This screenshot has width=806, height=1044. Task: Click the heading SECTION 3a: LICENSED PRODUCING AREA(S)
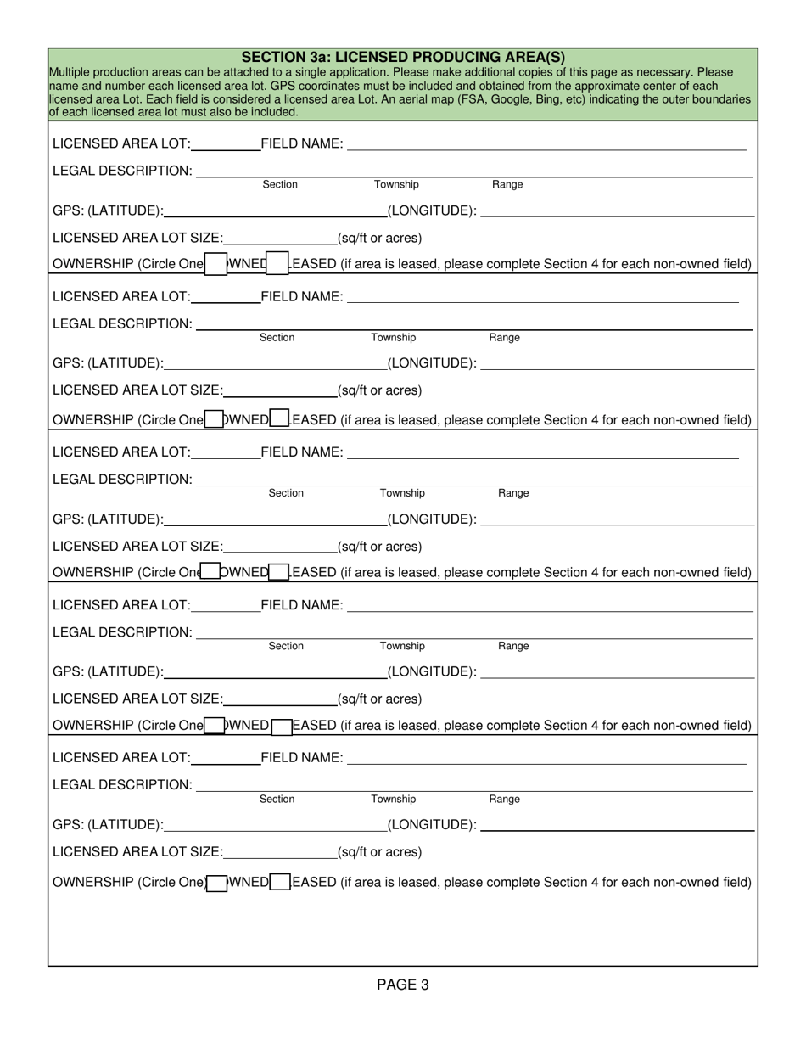tap(403, 57)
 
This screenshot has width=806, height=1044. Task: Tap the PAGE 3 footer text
tap(403, 985)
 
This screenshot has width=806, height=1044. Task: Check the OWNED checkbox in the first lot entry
tap(216, 264)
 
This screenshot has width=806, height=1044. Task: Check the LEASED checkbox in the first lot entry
tap(277, 264)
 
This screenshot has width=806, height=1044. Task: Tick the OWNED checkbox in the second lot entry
tap(215, 419)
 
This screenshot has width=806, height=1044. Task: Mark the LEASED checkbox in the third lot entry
tap(279, 573)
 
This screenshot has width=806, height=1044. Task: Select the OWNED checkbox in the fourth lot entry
tap(215, 726)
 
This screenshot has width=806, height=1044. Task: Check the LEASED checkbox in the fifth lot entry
tap(281, 883)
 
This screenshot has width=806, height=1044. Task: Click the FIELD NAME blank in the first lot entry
tap(546, 144)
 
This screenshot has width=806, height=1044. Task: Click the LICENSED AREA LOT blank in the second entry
tap(226, 297)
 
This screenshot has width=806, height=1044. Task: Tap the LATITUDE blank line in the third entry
tap(276, 519)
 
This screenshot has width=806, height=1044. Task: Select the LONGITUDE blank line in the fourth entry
tap(617, 672)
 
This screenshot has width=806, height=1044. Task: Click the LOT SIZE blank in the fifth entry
tap(280, 852)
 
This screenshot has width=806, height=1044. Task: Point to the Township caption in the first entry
tap(396, 185)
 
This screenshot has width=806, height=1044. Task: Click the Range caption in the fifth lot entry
tap(505, 800)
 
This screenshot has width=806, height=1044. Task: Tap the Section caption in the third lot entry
tap(286, 493)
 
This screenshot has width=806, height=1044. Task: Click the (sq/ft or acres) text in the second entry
tap(379, 391)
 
